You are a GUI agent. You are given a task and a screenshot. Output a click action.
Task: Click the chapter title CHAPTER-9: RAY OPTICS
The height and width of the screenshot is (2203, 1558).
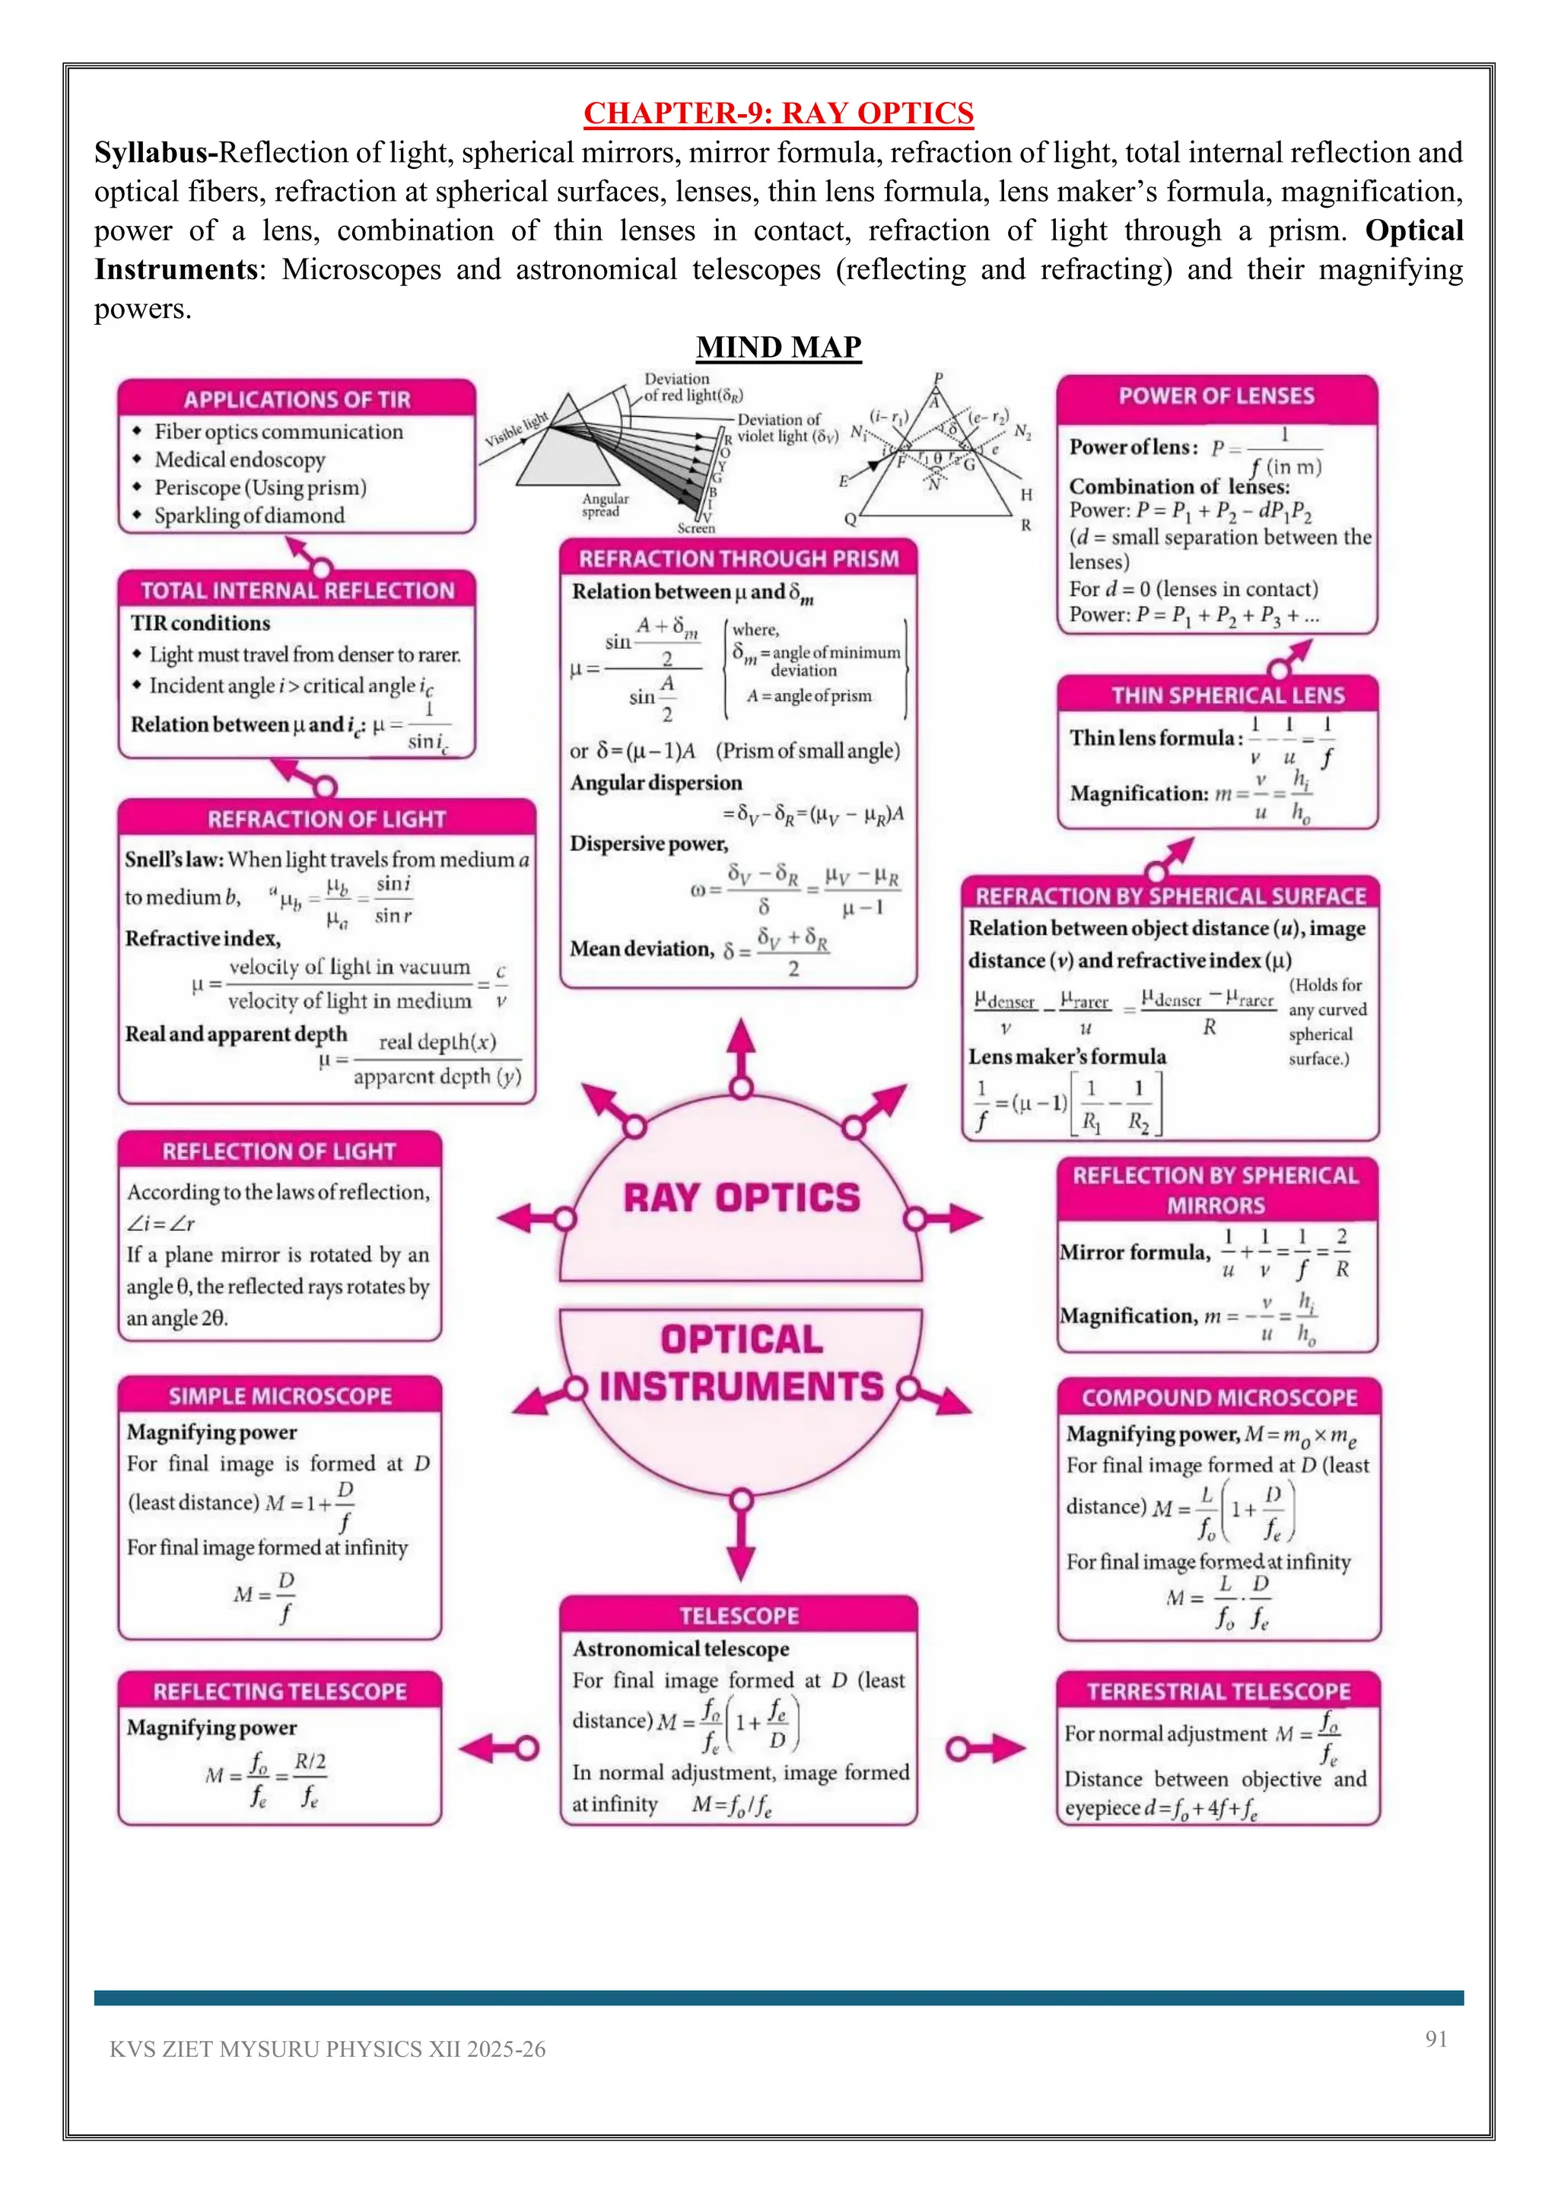(778, 113)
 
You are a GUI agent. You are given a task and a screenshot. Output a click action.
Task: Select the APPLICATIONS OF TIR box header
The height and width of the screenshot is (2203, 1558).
(297, 399)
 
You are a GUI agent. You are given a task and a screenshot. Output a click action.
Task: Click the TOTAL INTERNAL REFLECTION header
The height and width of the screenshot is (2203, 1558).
(297, 590)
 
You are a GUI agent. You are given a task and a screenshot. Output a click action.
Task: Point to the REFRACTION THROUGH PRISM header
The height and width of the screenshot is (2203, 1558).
(739, 558)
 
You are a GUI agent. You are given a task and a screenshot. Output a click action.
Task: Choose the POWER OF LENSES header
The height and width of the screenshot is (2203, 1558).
(1216, 396)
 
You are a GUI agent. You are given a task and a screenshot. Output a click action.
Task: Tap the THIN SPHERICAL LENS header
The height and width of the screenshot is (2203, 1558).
(1228, 695)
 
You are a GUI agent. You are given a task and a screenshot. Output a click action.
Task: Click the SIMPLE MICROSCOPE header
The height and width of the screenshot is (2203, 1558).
(280, 1396)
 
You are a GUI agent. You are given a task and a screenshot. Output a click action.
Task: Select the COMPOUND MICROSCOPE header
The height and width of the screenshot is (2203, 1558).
(1219, 1397)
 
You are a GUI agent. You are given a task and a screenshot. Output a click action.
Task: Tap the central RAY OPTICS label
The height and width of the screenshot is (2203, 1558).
(742, 1197)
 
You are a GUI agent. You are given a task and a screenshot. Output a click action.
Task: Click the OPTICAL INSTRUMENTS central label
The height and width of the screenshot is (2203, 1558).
(742, 1363)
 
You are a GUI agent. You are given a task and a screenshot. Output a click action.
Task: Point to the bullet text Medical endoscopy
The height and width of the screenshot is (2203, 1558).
(240, 459)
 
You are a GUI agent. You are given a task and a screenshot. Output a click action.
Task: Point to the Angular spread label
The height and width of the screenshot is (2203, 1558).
(606, 504)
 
